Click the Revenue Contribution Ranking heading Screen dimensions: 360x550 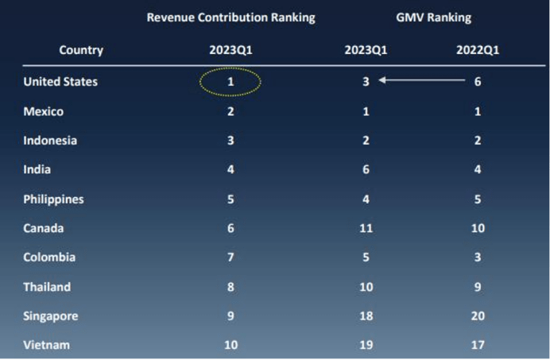pyautogui.click(x=230, y=17)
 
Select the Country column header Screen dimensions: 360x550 pyautogui.click(x=81, y=50)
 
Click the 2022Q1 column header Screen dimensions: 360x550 pyautogui.click(x=477, y=50)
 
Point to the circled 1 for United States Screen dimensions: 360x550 pyautogui.click(x=230, y=81)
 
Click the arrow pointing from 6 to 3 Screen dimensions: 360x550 pyautogui.click(x=421, y=80)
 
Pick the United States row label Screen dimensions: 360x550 pyautogui.click(x=60, y=81)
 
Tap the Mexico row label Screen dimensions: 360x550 pyautogui.click(x=44, y=111)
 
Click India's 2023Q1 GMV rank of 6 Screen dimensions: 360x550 pyautogui.click(x=366, y=170)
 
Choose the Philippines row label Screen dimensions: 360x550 pyautogui.click(x=53, y=199)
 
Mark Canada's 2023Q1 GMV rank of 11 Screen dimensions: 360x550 pyautogui.click(x=366, y=229)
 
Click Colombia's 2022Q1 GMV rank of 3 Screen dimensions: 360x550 pyautogui.click(x=477, y=257)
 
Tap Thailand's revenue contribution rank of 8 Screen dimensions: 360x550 pyautogui.click(x=230, y=287)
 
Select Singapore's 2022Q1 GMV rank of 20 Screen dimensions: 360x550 pyautogui.click(x=477, y=316)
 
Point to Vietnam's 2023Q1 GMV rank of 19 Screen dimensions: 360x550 pyautogui.click(x=366, y=345)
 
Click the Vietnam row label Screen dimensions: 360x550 pyautogui.click(x=46, y=345)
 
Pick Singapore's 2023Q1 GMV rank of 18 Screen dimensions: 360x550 pyautogui.click(x=366, y=316)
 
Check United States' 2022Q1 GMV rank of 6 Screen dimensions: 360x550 pyautogui.click(x=477, y=81)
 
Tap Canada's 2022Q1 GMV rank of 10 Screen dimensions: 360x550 pyautogui.click(x=477, y=229)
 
